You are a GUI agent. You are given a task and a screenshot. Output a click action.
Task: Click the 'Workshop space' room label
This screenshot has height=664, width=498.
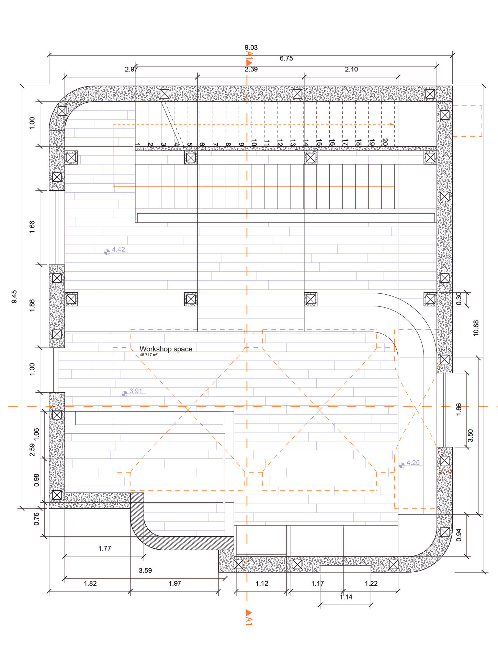(x=166, y=349)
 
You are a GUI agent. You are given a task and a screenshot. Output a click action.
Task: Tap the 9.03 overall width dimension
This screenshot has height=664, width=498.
(x=251, y=47)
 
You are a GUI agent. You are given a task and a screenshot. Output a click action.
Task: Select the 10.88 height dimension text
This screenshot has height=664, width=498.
(x=476, y=328)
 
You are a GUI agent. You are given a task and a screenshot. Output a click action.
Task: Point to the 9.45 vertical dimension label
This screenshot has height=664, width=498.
(x=14, y=296)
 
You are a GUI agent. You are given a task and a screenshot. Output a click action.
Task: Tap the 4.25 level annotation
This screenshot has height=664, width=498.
(x=413, y=463)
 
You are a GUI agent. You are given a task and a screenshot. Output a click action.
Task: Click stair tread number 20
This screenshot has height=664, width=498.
(x=385, y=142)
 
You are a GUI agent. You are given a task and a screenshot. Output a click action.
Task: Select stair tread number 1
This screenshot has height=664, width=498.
(x=137, y=145)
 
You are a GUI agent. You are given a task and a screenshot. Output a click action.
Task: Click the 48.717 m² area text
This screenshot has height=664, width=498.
(x=148, y=355)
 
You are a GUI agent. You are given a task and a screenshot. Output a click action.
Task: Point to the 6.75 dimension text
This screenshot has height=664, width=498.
(x=286, y=58)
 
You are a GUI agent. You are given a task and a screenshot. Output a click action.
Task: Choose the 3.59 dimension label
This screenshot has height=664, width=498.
(x=145, y=571)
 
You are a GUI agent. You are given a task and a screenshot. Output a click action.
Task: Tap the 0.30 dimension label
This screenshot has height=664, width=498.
(x=459, y=299)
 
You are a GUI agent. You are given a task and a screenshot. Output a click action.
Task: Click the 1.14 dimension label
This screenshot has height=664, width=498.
(x=346, y=597)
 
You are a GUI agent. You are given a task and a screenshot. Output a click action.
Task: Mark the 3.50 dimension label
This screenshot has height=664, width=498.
(x=471, y=436)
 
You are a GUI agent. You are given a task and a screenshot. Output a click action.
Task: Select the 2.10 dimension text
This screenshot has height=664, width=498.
(x=351, y=69)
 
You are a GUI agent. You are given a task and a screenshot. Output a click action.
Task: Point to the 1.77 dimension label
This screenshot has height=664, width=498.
(x=105, y=549)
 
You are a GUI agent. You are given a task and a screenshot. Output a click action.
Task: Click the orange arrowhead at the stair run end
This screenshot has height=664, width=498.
(x=392, y=124)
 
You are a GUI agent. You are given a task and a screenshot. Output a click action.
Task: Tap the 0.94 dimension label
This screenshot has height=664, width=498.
(x=459, y=535)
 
